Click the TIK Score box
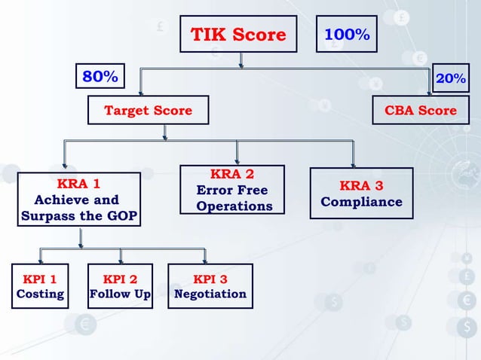(x=238, y=35)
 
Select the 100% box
(x=346, y=35)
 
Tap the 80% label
(x=100, y=77)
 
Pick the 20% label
(x=451, y=78)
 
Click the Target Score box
(x=148, y=111)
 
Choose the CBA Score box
(x=420, y=111)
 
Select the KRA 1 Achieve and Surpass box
(x=78, y=200)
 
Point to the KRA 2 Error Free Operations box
(x=232, y=190)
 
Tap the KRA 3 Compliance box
(x=361, y=194)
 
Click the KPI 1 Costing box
(x=39, y=286)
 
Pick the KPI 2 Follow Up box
(x=120, y=286)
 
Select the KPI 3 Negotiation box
(x=210, y=286)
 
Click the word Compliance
(x=361, y=202)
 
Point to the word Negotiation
(x=210, y=294)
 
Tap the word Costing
(x=39, y=294)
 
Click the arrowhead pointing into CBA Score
(x=430, y=92)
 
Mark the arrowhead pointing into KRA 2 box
(x=237, y=160)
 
